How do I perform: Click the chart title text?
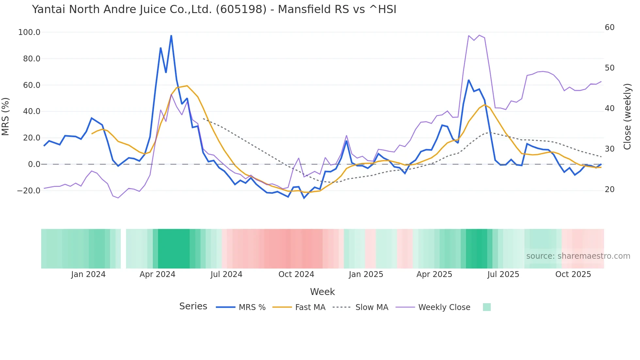coord(214,9)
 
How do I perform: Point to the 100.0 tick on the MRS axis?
coord(29,32)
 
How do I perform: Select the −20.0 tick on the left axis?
coord(28,191)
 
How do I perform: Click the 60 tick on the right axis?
coord(609,27)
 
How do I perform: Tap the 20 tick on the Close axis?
coord(609,189)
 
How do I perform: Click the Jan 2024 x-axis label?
coord(88,274)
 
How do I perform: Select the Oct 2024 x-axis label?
coord(296,274)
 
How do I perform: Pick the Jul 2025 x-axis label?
coord(503,274)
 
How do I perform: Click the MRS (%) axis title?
coord(6,116)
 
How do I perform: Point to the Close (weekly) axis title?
coord(627,116)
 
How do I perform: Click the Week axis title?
coord(322,292)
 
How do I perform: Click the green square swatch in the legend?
coord(487,307)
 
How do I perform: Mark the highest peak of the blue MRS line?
coord(171,36)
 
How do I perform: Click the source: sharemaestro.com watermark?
coord(578,256)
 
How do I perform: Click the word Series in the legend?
coord(193,306)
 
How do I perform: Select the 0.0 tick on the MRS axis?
coord(34,164)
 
